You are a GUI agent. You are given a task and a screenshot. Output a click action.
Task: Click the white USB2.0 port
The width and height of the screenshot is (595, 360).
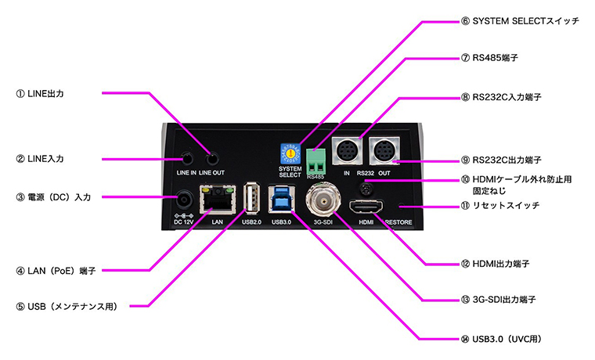coord(250,197)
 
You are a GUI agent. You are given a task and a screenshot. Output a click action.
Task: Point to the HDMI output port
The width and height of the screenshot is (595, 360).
coord(366,207)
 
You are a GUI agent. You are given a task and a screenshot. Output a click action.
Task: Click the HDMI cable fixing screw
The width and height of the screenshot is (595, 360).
coord(364,188)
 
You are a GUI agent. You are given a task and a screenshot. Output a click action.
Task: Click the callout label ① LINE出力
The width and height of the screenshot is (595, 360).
coord(50,94)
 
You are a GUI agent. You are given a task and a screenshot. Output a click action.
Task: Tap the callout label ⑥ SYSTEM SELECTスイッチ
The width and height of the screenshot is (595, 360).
coord(520,20)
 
